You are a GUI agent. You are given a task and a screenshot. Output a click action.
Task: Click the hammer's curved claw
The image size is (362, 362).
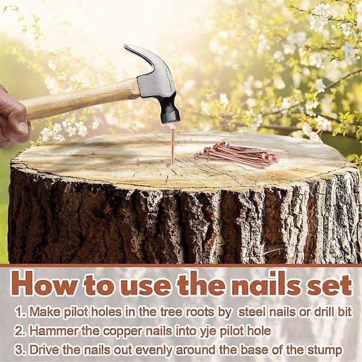143,56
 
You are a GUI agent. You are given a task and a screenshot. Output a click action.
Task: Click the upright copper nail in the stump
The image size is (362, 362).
172,145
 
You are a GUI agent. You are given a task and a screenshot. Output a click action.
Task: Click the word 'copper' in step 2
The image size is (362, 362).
122,332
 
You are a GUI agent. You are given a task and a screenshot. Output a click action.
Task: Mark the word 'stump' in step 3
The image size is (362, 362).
324,351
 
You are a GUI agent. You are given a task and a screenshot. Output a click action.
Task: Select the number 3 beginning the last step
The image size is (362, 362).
18,350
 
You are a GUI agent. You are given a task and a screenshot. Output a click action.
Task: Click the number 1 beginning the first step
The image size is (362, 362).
19,312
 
